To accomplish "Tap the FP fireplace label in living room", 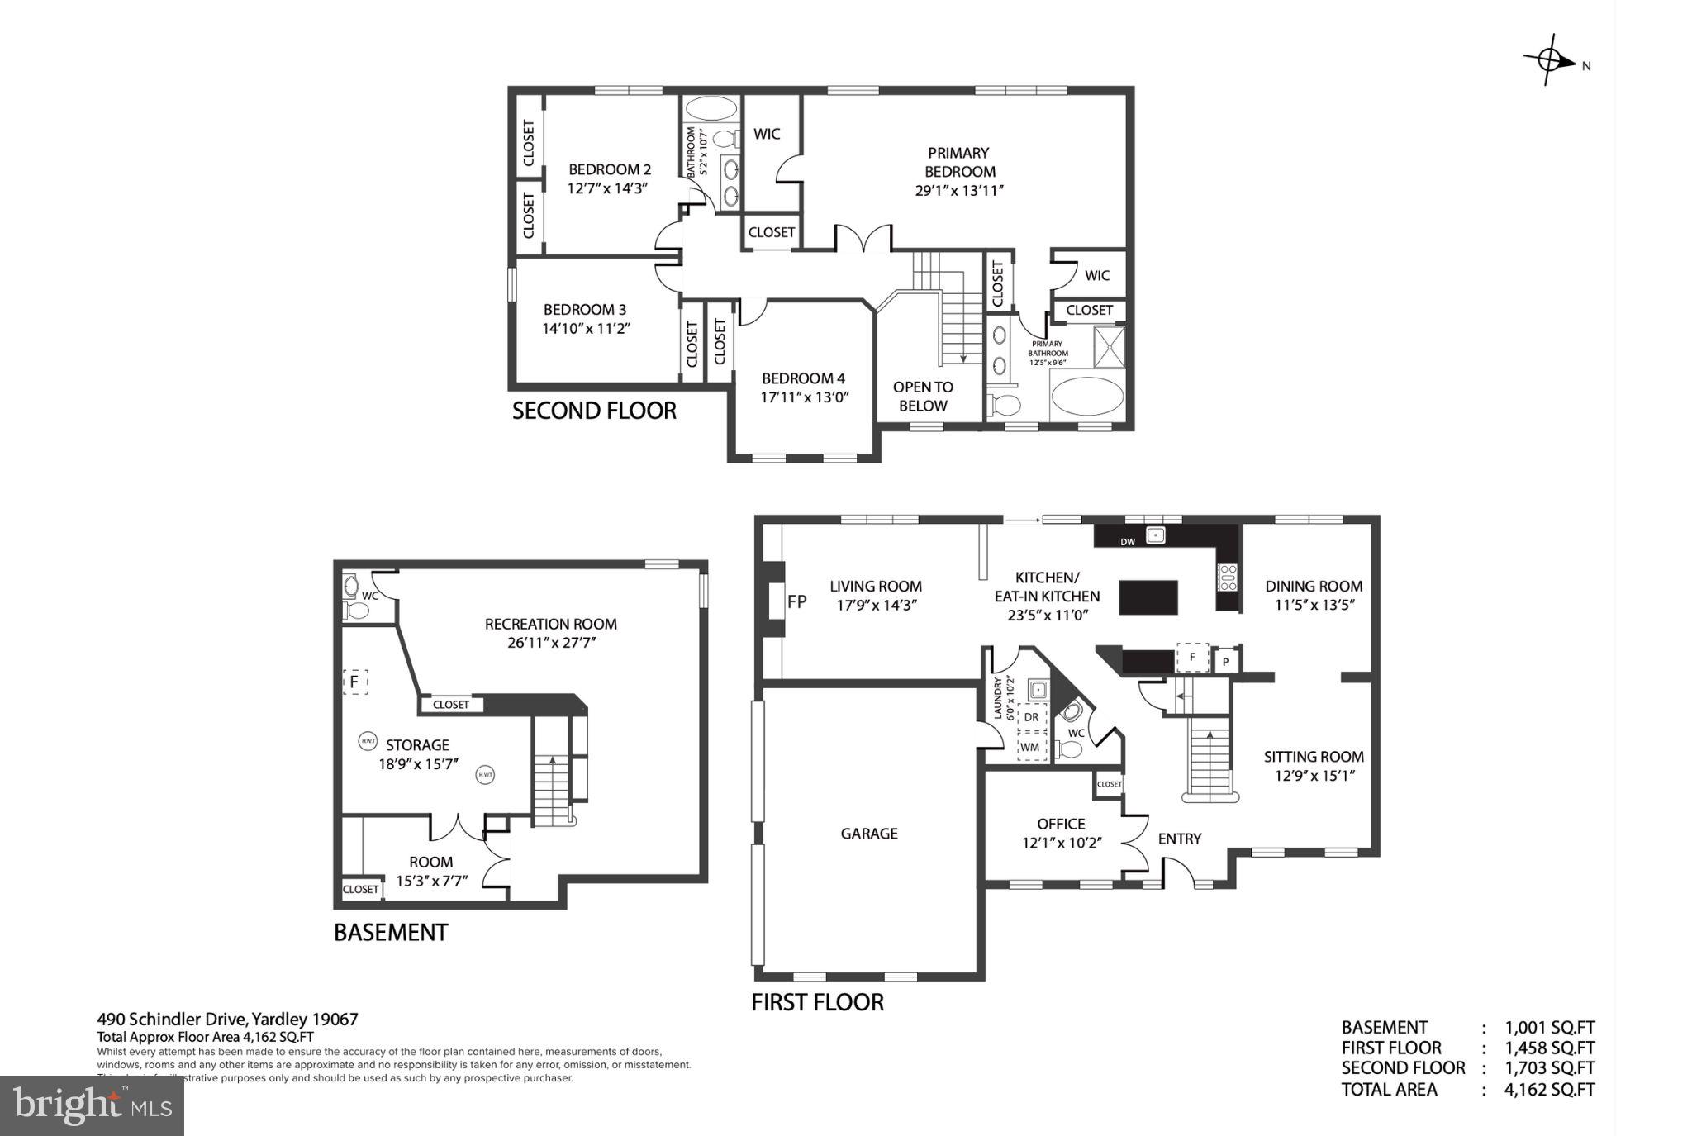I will (x=796, y=602).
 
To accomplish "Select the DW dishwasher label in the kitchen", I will (x=1127, y=542).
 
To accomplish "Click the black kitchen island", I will (x=1148, y=597).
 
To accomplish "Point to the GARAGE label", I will (x=869, y=834).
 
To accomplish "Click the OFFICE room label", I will (x=1061, y=824).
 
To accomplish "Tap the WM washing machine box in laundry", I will (x=1029, y=747).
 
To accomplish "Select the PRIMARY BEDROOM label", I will (x=959, y=162).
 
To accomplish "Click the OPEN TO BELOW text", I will (x=923, y=397).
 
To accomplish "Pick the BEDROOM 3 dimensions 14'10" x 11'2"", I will (x=587, y=329).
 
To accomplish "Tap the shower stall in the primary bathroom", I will (x=1109, y=347).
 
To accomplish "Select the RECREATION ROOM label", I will (x=550, y=624).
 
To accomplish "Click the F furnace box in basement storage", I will (x=354, y=682).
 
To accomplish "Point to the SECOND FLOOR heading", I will (x=594, y=411).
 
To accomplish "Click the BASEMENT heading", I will (x=391, y=933).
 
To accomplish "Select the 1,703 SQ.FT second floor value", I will (x=1549, y=1068).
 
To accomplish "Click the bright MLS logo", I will (x=92, y=1105).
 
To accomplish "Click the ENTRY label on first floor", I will (x=1179, y=839).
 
